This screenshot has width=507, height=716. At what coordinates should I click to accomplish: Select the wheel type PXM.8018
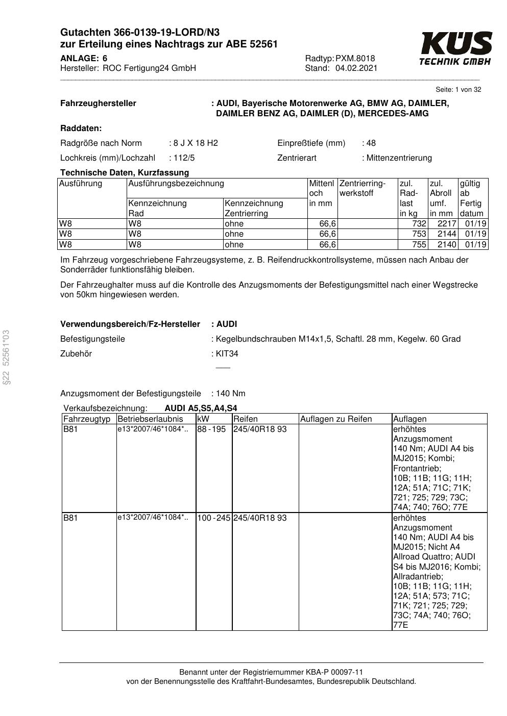pos(355,58)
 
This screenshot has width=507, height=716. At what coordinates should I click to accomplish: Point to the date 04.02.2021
pos(356,68)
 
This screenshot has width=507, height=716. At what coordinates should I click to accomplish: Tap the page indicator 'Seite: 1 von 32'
pos(458,90)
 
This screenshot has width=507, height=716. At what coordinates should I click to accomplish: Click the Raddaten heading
pos(81,128)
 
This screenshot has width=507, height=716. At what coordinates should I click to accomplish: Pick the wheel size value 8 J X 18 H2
pos(196,143)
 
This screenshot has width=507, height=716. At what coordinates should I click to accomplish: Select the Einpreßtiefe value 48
pos(371,143)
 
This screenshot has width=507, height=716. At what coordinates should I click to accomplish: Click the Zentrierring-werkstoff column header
pos(362,188)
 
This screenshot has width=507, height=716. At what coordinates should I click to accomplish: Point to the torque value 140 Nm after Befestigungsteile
pos(230,393)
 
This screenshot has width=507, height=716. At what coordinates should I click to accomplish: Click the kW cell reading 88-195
pos(211,429)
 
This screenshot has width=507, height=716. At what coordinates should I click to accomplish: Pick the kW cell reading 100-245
pos(214,518)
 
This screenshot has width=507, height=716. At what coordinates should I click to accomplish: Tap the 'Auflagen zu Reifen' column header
pos(335,419)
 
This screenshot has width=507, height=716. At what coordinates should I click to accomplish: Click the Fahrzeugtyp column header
pos(87,419)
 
